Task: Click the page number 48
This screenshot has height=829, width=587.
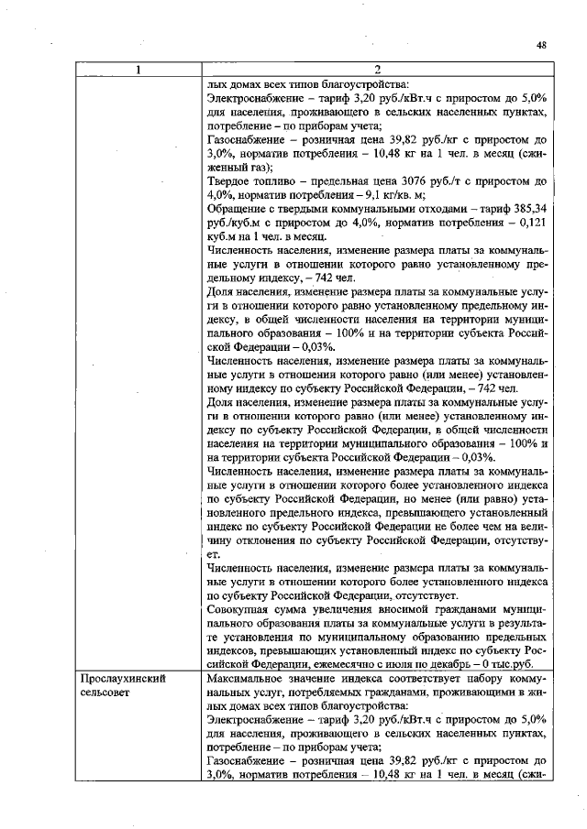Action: [x=541, y=45]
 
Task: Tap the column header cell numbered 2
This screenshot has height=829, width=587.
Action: [x=378, y=70]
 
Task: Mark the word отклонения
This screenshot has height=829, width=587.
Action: [x=266, y=540]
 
